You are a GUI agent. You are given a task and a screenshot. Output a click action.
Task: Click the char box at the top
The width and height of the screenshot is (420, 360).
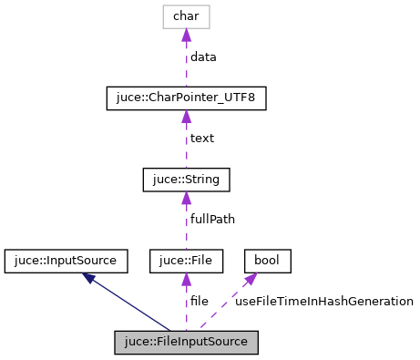186,16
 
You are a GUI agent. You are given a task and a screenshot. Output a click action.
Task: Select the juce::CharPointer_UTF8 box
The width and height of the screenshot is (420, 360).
186,98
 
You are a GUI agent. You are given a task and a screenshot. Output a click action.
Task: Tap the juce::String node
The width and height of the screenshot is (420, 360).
186,180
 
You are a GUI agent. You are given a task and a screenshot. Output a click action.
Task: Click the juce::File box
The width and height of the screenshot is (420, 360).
186,262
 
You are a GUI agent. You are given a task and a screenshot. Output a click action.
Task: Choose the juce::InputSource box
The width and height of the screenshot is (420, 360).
61,262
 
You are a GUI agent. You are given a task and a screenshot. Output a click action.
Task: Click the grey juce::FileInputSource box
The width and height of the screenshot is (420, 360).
187,343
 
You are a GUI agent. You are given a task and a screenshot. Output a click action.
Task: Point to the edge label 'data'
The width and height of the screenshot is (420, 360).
203,57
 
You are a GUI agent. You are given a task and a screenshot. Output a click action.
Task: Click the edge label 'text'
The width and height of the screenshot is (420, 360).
201,139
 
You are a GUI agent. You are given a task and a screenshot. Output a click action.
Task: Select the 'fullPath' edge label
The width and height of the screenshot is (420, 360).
211,220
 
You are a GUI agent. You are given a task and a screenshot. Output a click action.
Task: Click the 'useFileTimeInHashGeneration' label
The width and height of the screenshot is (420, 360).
324,301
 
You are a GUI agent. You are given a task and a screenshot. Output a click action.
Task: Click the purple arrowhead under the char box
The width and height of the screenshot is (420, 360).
186,35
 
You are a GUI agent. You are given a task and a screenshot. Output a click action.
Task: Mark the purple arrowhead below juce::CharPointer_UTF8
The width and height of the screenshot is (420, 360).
186,117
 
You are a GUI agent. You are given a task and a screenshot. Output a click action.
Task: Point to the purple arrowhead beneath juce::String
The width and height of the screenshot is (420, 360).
186,198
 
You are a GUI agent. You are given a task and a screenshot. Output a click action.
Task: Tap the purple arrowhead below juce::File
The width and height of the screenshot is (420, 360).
186,280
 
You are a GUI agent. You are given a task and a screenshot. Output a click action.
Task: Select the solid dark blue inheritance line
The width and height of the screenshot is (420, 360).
132,305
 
